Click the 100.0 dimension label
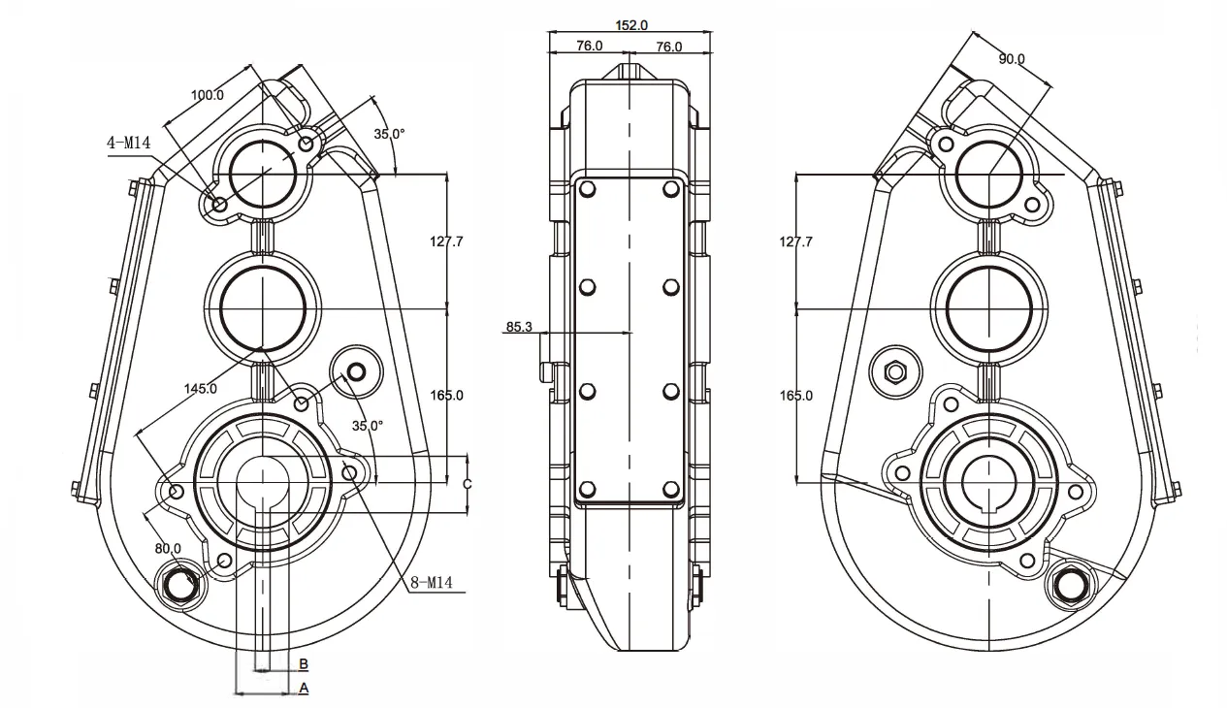click(x=207, y=95)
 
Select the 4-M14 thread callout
click(x=130, y=144)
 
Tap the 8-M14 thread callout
click(x=432, y=583)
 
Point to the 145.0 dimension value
click(x=200, y=389)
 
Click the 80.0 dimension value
click(x=169, y=547)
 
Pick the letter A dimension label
click(x=304, y=688)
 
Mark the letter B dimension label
click(x=304, y=664)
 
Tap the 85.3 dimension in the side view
click(x=519, y=327)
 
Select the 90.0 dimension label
click(x=1012, y=59)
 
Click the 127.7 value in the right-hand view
click(x=795, y=241)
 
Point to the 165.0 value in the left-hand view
click(x=447, y=395)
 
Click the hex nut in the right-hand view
click(x=894, y=370)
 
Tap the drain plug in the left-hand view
click(x=180, y=583)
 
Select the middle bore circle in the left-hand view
click(x=263, y=307)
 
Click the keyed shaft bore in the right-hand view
click(x=988, y=481)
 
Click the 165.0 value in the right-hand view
click(x=795, y=395)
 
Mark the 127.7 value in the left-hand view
click(x=447, y=241)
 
